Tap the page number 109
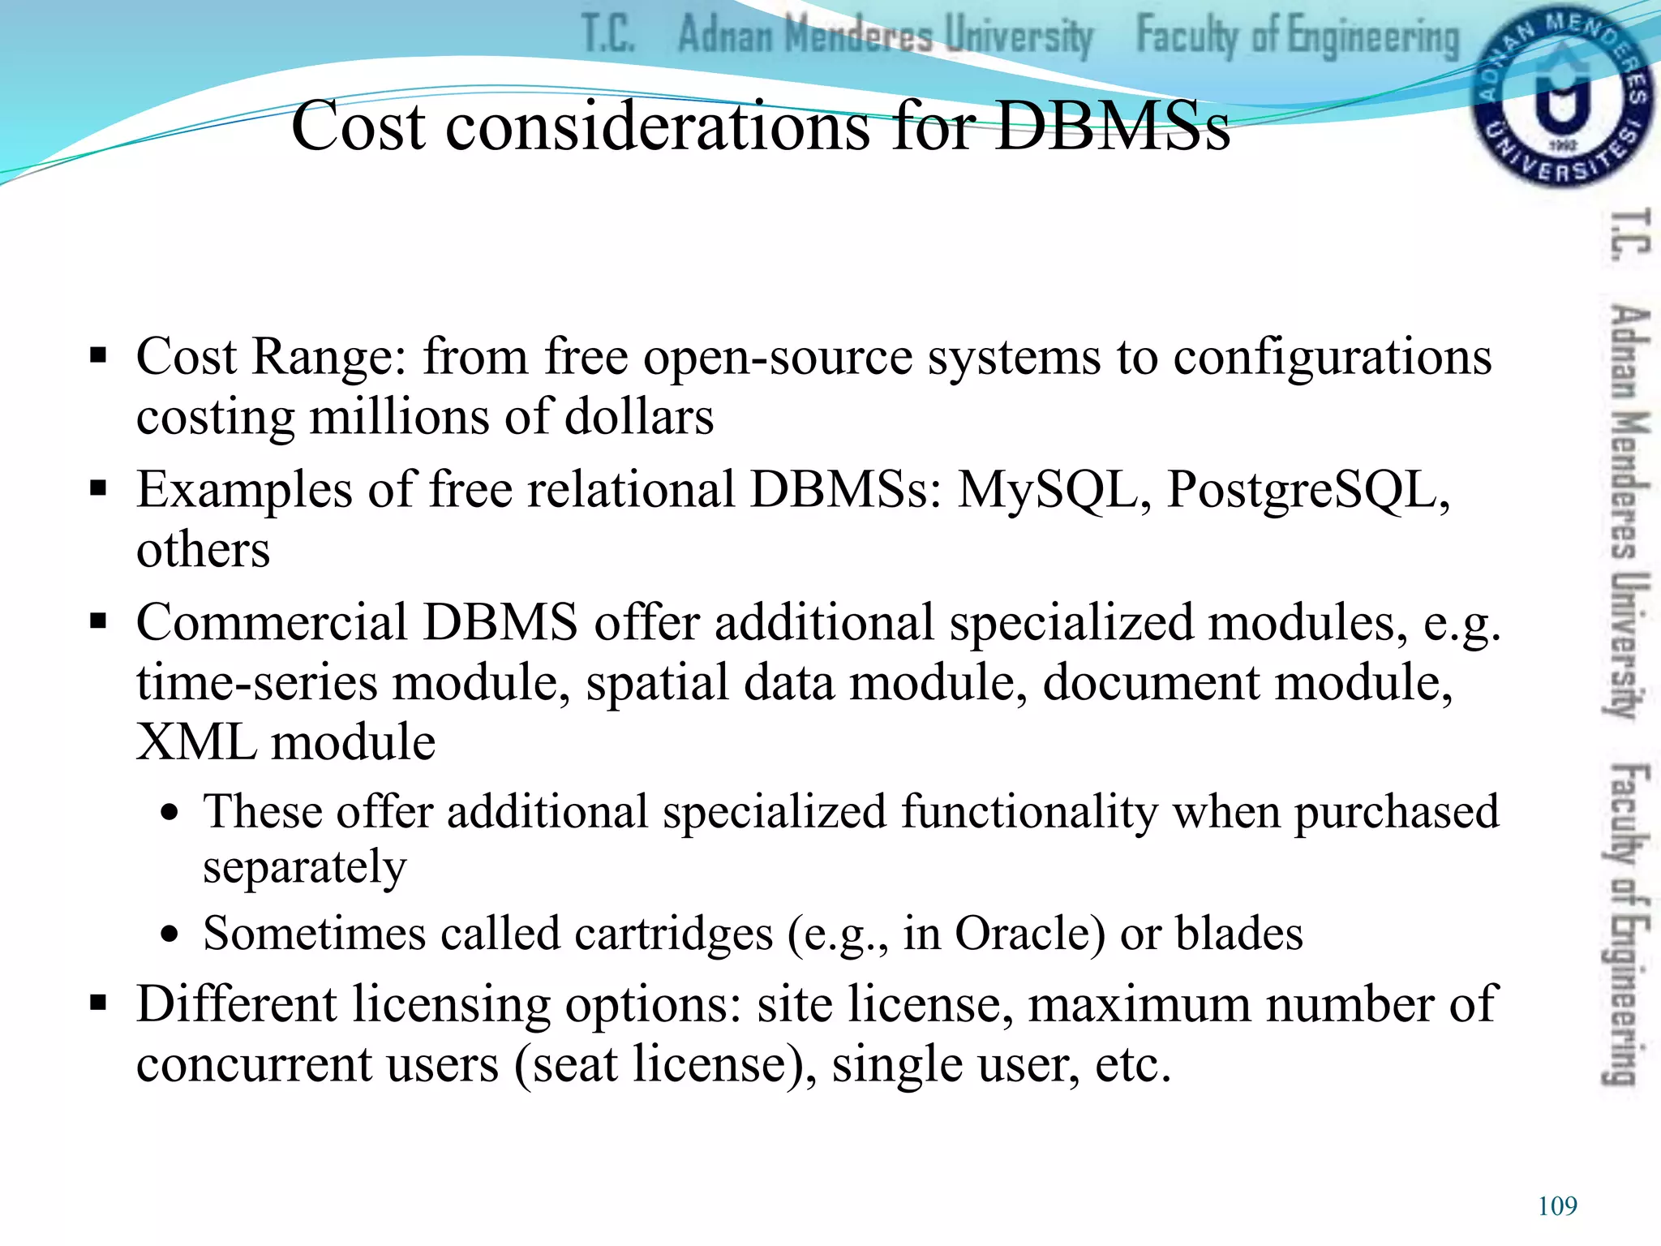pos(1557,1205)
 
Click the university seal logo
pos(1560,96)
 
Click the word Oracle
pos(1029,933)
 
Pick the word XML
pos(195,741)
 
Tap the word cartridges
pos(674,934)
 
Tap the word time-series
pos(257,682)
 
